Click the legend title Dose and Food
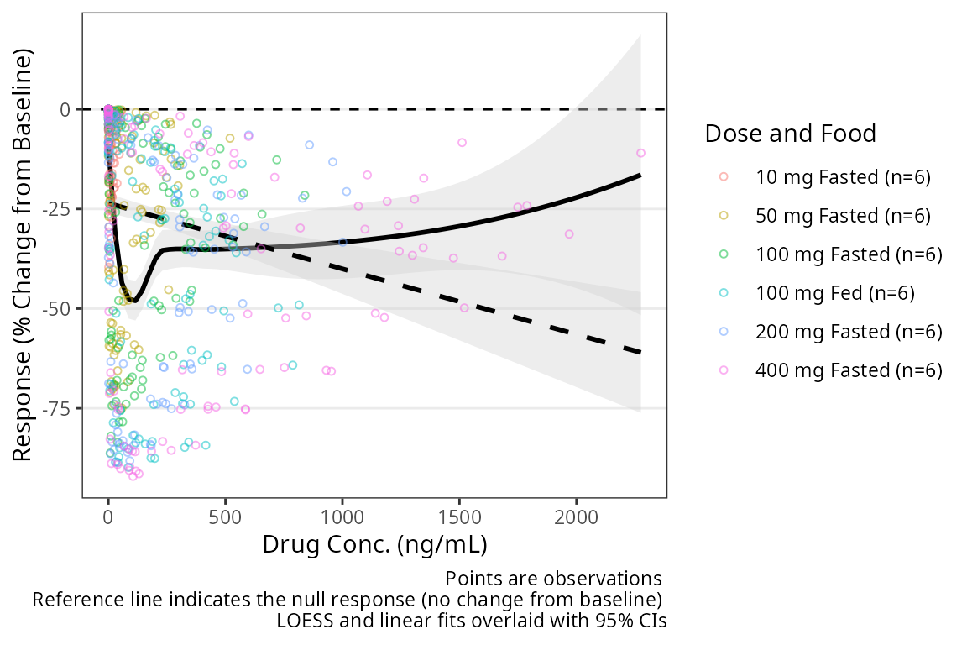[791, 134]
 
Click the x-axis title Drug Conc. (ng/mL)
[374, 544]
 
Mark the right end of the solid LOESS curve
[640, 175]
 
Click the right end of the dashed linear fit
[640, 353]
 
